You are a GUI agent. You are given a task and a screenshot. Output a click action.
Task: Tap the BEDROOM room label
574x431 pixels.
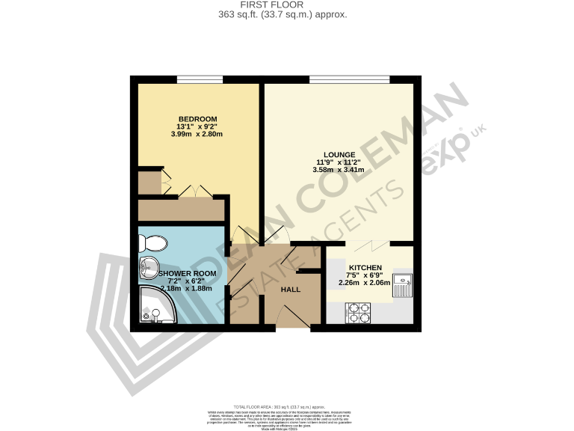click(x=197, y=120)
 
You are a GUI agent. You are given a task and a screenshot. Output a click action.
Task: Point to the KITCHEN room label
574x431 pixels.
click(x=365, y=268)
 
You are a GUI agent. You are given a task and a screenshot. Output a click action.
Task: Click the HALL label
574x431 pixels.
click(x=290, y=289)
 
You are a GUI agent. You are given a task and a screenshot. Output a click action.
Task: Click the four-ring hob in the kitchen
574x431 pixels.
click(x=359, y=312)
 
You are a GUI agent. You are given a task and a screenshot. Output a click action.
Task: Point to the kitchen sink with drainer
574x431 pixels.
click(x=404, y=287)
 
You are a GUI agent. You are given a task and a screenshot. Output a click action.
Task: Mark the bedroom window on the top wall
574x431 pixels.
click(x=200, y=78)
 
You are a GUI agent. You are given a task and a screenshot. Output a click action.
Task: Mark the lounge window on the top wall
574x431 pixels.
click(x=348, y=78)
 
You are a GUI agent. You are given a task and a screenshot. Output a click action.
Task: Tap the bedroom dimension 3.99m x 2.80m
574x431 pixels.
click(x=197, y=135)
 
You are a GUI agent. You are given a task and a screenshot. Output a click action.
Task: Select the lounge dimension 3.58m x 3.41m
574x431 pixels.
click(x=338, y=170)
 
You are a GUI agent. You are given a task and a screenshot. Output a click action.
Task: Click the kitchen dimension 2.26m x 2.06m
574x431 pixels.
click(x=365, y=283)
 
